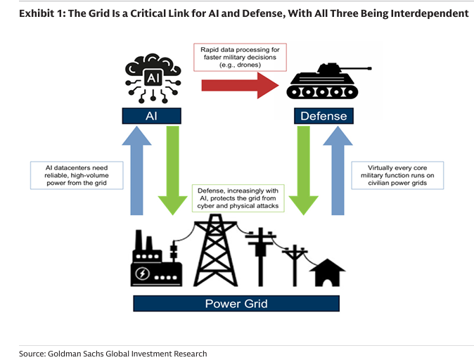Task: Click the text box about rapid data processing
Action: [238, 56]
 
